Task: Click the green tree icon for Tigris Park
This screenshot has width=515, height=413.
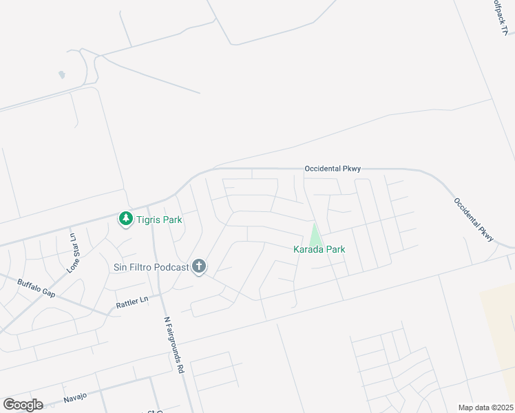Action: (125, 220)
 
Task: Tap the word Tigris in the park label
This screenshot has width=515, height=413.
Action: (149, 220)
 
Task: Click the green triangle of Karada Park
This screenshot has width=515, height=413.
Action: (315, 235)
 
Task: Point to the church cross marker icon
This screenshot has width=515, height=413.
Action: (199, 267)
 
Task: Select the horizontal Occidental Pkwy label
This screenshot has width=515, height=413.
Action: (333, 169)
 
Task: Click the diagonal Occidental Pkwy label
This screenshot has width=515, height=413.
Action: (474, 220)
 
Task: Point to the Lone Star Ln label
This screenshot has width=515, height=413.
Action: (72, 253)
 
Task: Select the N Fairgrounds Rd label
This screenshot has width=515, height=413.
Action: (174, 344)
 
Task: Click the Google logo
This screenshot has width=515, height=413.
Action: (23, 405)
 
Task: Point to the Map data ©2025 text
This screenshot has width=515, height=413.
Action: (485, 407)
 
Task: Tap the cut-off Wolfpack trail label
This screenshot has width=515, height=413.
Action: (502, 17)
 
